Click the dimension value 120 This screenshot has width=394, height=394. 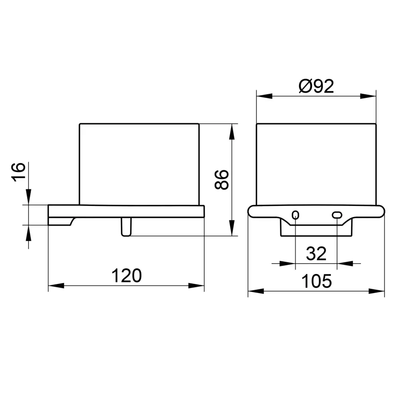126,275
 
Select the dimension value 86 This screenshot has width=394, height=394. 222,180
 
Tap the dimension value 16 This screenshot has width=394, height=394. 18,172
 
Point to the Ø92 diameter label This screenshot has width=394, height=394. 316,86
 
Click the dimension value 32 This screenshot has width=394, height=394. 316,254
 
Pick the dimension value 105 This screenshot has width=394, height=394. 316,281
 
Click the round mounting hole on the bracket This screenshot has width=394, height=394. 295,215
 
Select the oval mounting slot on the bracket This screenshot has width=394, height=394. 337,215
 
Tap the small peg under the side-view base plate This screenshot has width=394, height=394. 126,227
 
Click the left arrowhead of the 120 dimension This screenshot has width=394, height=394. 56,286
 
